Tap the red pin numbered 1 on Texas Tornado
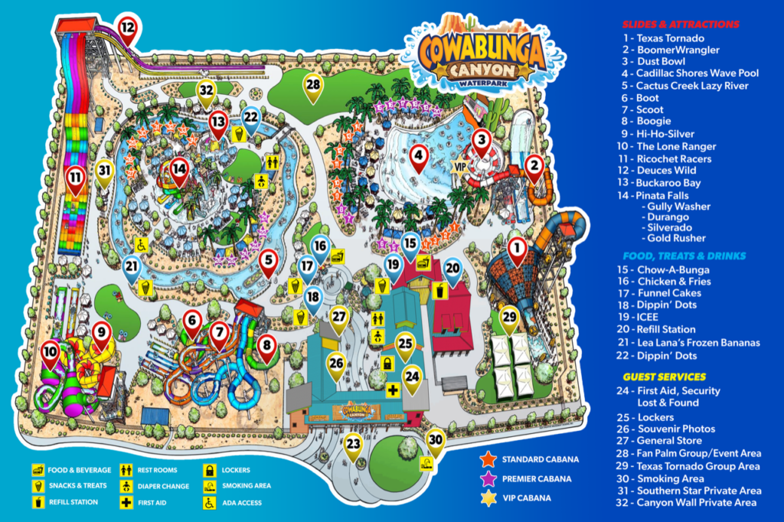click(518, 249)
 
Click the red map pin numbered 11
click(74, 178)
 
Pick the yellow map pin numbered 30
click(436, 440)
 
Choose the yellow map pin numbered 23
click(353, 444)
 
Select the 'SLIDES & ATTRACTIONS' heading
click(681, 24)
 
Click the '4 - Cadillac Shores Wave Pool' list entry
click(690, 73)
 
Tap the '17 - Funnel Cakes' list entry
click(673, 294)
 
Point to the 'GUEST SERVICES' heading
click(664, 377)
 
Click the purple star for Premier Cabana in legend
click(487, 478)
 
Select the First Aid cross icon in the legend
click(124, 503)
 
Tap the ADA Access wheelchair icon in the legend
click(208, 503)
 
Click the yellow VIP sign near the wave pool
click(460, 165)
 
